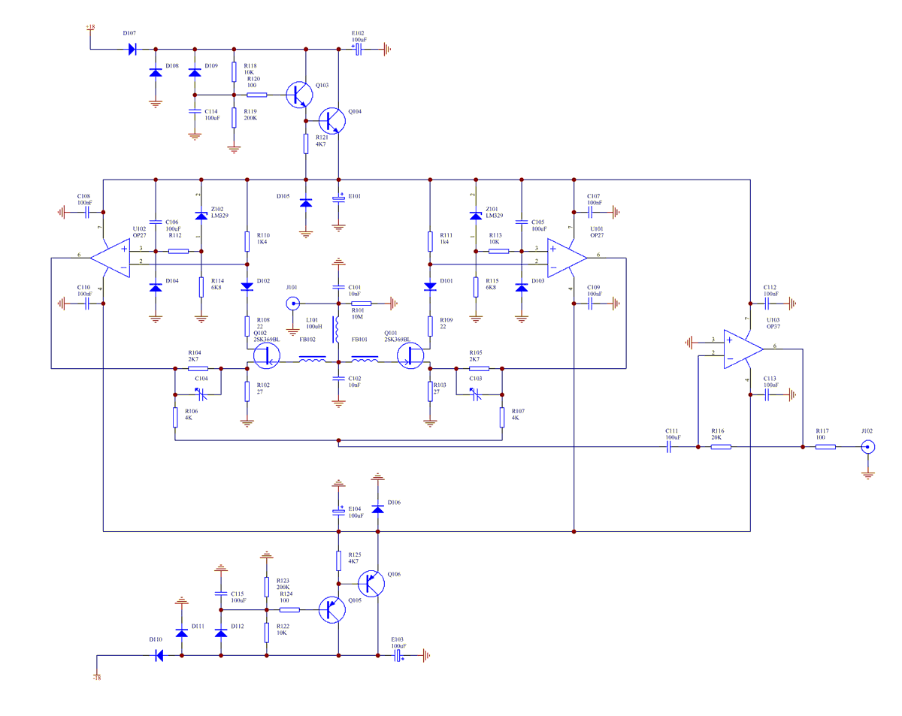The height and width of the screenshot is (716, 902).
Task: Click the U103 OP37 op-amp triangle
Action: click(x=740, y=349)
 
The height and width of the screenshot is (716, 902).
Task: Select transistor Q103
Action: click(x=301, y=95)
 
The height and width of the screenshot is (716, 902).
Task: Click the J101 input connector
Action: click(x=292, y=304)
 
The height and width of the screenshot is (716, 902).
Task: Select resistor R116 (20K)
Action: click(x=721, y=447)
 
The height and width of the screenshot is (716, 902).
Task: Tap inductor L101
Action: click(x=338, y=328)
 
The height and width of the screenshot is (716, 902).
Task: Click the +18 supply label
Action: click(x=90, y=28)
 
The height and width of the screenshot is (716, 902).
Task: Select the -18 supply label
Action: click(x=96, y=677)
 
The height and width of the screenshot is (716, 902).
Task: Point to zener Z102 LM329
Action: click(x=201, y=216)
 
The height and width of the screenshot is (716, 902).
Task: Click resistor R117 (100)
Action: click(x=825, y=447)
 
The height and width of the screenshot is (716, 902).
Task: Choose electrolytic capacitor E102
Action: click(x=359, y=50)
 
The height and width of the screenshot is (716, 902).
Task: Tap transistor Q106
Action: click(x=371, y=584)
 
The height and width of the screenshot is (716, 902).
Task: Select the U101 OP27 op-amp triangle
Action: click(x=565, y=258)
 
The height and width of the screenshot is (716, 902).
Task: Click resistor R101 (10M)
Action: click(x=362, y=304)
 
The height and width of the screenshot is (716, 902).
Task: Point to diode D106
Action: click(x=377, y=509)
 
